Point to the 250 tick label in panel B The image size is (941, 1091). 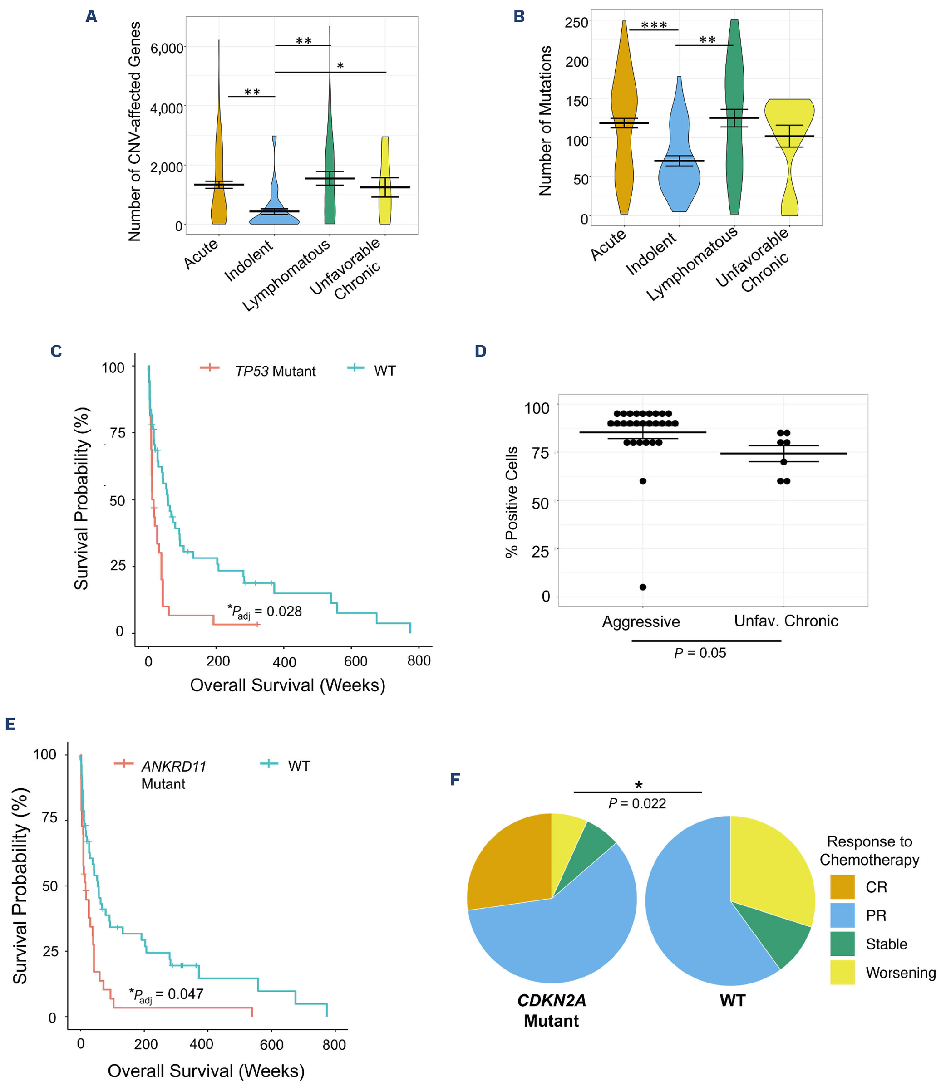pyautogui.click(x=577, y=23)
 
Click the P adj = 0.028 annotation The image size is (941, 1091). pyautogui.click(x=265, y=612)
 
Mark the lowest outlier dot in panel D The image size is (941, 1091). pyautogui.click(x=643, y=587)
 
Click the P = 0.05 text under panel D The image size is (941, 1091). pyautogui.click(x=700, y=653)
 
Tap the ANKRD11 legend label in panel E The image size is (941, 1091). pyautogui.click(x=173, y=767)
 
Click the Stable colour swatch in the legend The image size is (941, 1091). pyautogui.click(x=842, y=944)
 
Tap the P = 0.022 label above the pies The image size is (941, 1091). pyautogui.click(x=637, y=804)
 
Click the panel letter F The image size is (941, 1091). pyautogui.click(x=455, y=779)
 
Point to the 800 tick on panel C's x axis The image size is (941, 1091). pyautogui.click(x=419, y=661)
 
